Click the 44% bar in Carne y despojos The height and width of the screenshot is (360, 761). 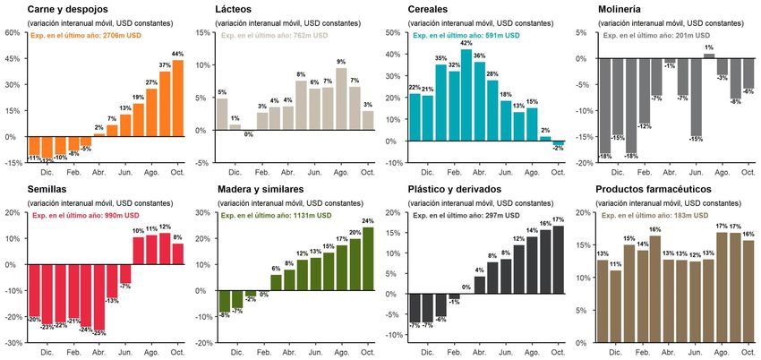177,99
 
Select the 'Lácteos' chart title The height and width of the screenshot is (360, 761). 234,8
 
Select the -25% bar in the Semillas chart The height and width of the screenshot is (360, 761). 99,296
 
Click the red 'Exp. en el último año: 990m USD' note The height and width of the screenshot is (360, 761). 86,216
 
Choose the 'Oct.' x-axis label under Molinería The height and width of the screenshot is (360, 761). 748,173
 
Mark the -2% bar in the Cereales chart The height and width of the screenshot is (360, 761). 559,143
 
